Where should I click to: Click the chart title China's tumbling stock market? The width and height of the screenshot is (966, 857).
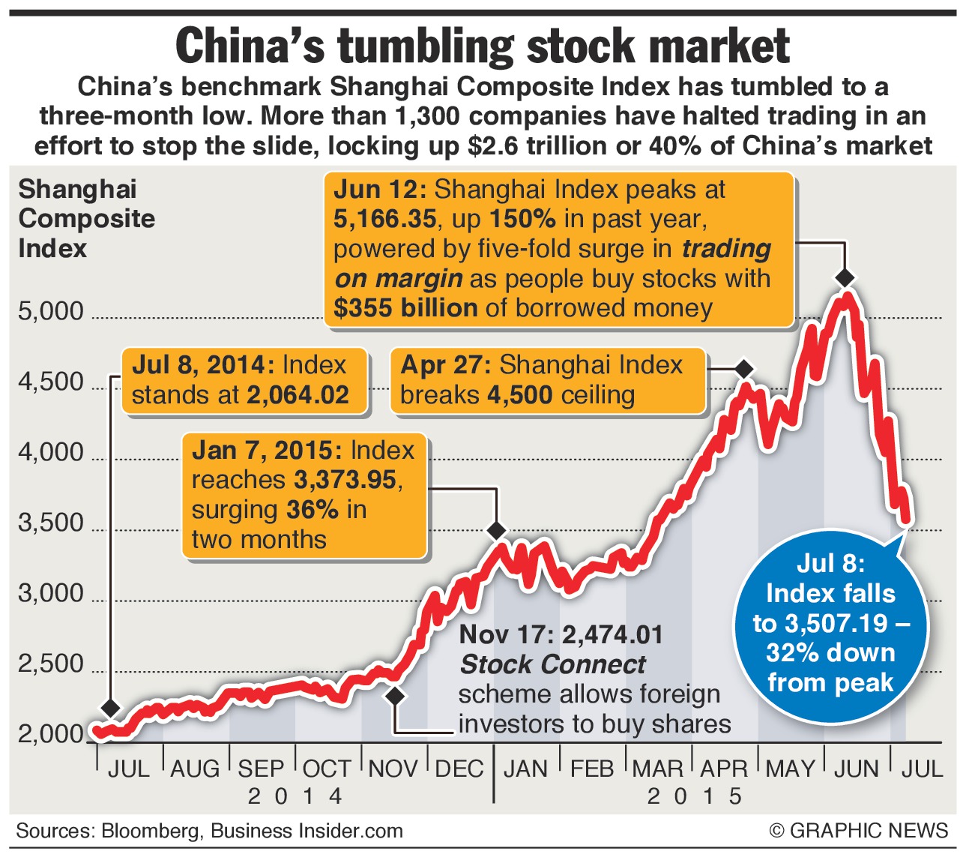(x=483, y=46)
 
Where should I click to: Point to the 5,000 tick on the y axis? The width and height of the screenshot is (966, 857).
(x=51, y=310)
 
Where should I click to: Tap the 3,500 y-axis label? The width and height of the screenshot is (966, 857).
(x=51, y=523)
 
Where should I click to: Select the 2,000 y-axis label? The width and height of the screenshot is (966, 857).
(x=51, y=734)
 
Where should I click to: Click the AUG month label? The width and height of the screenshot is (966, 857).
(x=195, y=769)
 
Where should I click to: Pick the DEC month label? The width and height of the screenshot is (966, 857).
(x=459, y=769)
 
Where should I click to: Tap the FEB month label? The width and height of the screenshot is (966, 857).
(x=591, y=769)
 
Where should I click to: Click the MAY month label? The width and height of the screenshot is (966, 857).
(x=790, y=769)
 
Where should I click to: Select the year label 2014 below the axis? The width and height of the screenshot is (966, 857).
(x=295, y=796)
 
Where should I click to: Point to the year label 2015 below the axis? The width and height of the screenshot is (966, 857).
(x=695, y=796)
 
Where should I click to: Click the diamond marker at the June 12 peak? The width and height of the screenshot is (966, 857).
(x=845, y=277)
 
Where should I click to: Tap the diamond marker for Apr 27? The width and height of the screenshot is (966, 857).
(x=743, y=369)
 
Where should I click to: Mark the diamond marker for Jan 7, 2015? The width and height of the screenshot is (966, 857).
(x=496, y=530)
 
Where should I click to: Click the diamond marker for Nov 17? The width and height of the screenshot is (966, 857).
(x=395, y=695)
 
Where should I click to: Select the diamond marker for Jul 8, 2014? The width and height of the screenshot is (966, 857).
(x=111, y=707)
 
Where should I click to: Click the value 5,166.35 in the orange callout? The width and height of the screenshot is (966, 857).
(x=385, y=219)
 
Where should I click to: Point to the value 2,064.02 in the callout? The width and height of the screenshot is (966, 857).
(x=298, y=395)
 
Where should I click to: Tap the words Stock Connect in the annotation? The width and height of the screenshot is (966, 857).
(x=552, y=664)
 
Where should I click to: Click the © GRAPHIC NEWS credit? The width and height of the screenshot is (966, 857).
(x=858, y=831)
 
